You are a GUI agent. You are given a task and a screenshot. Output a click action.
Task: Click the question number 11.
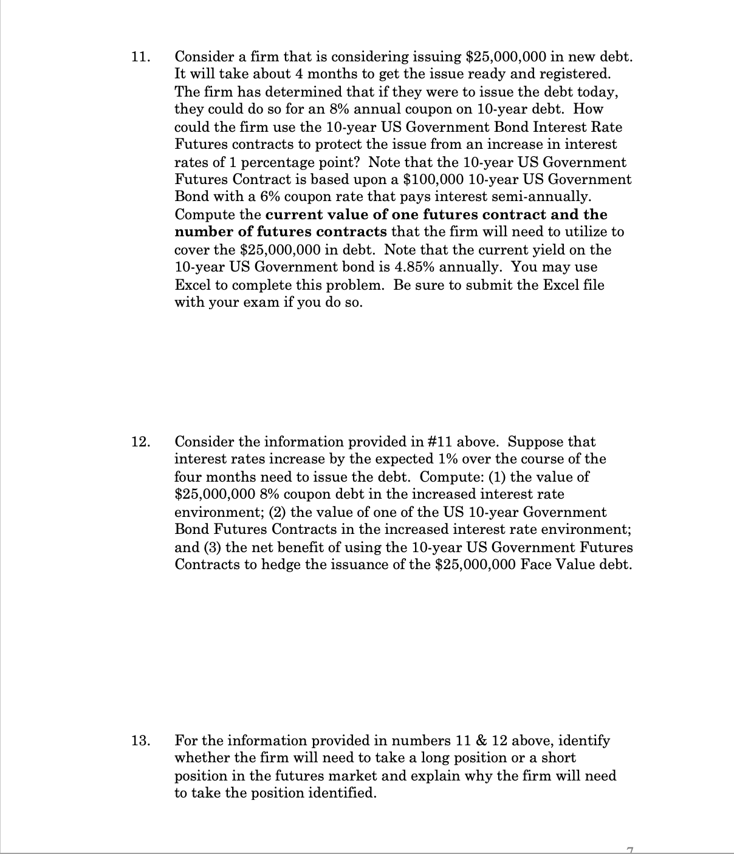click(x=139, y=58)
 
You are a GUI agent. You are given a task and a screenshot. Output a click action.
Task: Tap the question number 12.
click(x=139, y=442)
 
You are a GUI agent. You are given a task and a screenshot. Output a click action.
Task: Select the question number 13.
click(x=139, y=741)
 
